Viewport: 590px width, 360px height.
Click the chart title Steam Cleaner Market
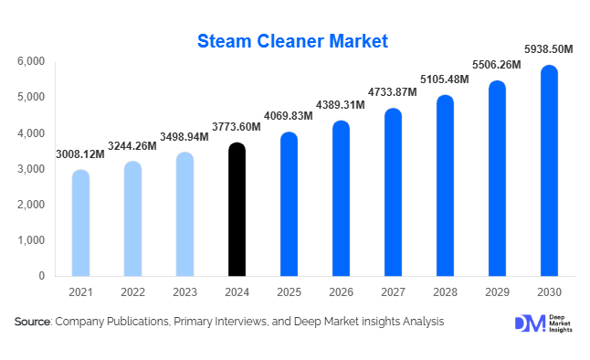pos(293,41)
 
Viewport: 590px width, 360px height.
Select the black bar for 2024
pos(237,210)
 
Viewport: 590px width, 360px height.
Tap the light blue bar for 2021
pos(80,224)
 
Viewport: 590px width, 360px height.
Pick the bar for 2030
pos(548,171)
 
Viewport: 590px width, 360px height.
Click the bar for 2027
pos(393,193)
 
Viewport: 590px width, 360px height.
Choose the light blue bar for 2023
pos(184,215)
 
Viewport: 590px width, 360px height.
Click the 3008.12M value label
pos(80,154)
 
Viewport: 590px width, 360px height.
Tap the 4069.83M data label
pos(290,118)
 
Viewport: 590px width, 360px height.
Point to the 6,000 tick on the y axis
pos(31,61)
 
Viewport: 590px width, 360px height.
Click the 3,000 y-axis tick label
pos(31,169)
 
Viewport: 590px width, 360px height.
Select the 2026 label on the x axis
pos(341,292)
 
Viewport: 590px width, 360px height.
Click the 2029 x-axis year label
pos(496,292)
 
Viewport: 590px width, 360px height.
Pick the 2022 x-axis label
pos(132,292)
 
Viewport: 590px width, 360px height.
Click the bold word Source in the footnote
pos(33,322)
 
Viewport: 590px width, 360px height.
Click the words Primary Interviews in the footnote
pos(221,322)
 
